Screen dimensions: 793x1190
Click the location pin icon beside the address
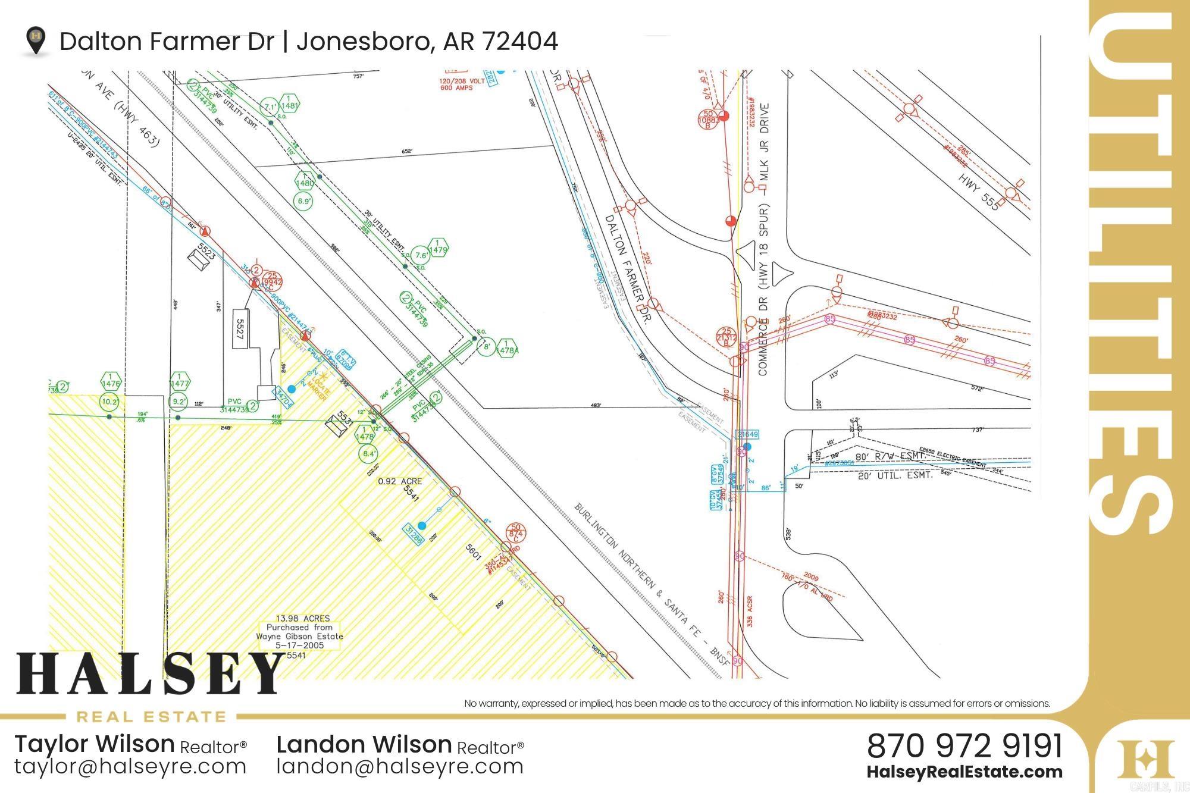tap(36, 40)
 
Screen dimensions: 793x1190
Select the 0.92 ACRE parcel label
tap(400, 481)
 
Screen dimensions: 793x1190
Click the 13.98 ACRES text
tap(303, 618)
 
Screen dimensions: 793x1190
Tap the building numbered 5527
tap(240, 328)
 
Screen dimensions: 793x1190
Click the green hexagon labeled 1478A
tap(506, 347)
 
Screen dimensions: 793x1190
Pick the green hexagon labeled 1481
tap(289, 102)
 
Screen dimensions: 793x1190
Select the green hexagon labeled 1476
tap(111, 380)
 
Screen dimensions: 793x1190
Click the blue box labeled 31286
tap(414, 535)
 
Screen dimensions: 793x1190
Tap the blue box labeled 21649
tap(747, 434)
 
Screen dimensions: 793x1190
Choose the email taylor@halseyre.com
tap(130, 767)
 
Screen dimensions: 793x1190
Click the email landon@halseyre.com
tap(400, 767)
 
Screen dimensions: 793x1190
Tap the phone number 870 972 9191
tap(964, 746)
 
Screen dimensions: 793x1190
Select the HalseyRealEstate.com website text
tap(964, 772)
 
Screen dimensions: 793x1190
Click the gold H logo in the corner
tap(1145, 758)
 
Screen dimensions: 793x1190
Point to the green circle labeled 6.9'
tap(304, 201)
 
